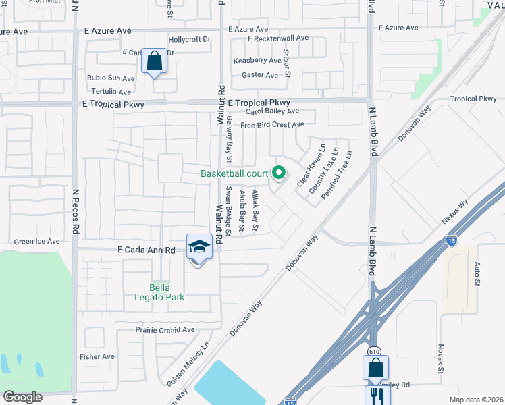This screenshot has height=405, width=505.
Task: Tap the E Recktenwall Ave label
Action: point(277,38)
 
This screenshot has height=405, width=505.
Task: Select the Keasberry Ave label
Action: point(256,61)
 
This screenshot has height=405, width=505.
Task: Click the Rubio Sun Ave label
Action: point(111,78)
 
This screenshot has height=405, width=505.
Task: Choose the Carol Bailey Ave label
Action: point(272,111)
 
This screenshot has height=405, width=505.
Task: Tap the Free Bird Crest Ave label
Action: point(272,124)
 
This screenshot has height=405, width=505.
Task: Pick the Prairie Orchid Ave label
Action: point(165,330)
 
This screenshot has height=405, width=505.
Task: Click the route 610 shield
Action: point(373,351)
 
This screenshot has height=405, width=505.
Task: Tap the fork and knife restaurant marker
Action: point(377,395)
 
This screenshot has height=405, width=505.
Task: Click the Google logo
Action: point(22,397)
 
